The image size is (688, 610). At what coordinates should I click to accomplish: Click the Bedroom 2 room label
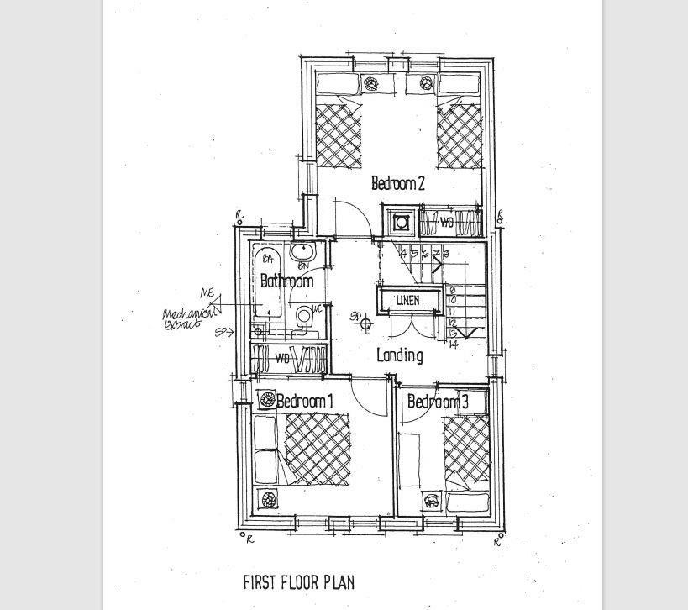point(397,182)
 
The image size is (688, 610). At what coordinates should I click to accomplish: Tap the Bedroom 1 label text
point(304,402)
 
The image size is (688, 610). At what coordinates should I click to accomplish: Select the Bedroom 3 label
point(437,402)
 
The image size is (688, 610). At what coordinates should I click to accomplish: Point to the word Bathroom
point(286,281)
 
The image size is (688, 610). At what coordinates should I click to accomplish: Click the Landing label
point(399,355)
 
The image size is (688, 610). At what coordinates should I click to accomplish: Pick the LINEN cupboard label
point(409,300)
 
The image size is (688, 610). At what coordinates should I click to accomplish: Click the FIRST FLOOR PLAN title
point(298,582)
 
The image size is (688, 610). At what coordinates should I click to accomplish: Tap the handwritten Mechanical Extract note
point(183,318)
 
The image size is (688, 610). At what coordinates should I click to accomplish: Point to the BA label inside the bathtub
point(269,257)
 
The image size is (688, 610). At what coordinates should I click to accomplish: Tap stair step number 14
point(454,344)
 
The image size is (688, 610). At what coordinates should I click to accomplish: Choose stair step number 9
point(452,291)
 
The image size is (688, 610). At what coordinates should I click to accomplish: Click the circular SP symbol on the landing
point(366,320)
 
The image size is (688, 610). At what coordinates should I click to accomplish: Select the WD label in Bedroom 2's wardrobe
point(447,223)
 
